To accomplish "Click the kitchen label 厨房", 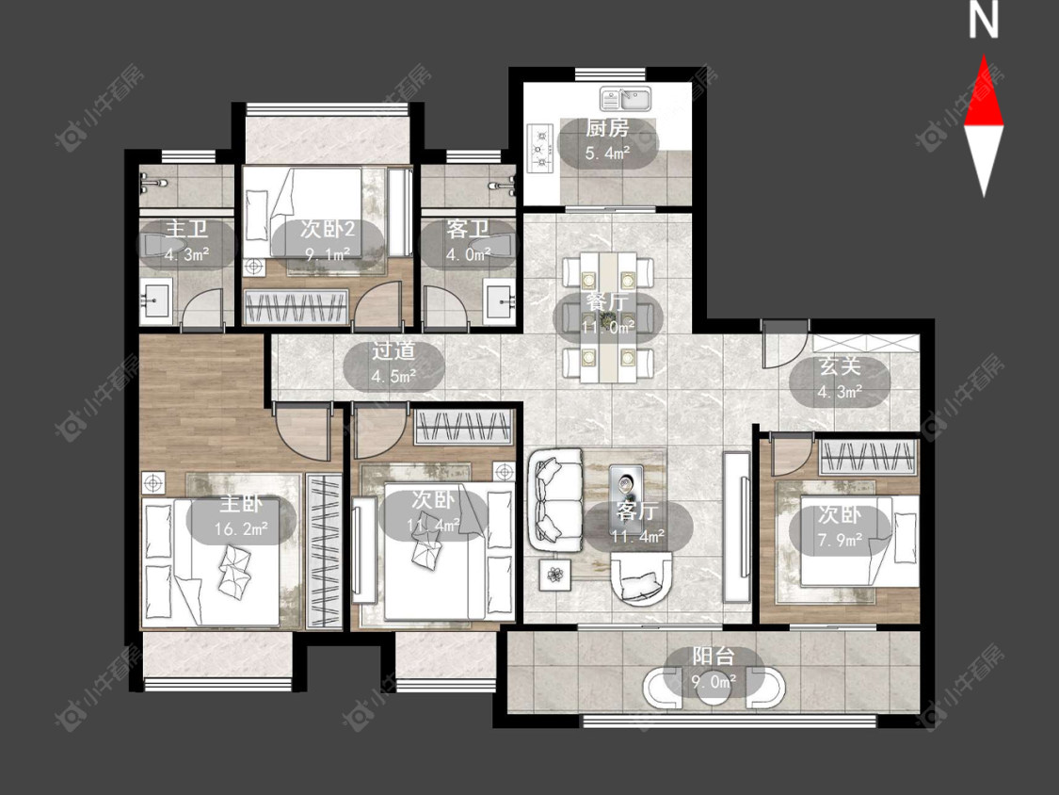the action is pyautogui.click(x=607, y=128).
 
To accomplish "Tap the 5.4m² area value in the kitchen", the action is pyautogui.click(x=607, y=153).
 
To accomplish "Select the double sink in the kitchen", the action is pyautogui.click(x=625, y=100).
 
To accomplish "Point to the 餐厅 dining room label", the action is pyautogui.click(x=607, y=301).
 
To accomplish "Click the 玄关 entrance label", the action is pyautogui.click(x=840, y=365).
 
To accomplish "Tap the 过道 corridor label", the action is pyautogui.click(x=393, y=350).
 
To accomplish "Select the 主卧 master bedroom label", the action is pyautogui.click(x=241, y=504).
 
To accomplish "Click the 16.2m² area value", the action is pyautogui.click(x=241, y=528).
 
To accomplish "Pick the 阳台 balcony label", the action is pyautogui.click(x=714, y=657).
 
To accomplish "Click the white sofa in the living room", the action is pyautogui.click(x=556, y=499).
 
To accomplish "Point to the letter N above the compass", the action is pyautogui.click(x=983, y=20).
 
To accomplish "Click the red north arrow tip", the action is pyautogui.click(x=984, y=56).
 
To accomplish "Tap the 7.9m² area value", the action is pyautogui.click(x=840, y=539).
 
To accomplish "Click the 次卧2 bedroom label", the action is pyautogui.click(x=328, y=229).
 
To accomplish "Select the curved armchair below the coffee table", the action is pyautogui.click(x=641, y=576).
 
